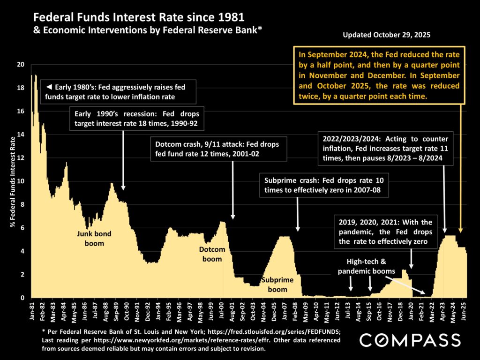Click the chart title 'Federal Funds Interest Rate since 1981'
click(138, 19)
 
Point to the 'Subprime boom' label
click(277, 285)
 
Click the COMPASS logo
click(410, 339)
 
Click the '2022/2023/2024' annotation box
click(386, 150)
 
